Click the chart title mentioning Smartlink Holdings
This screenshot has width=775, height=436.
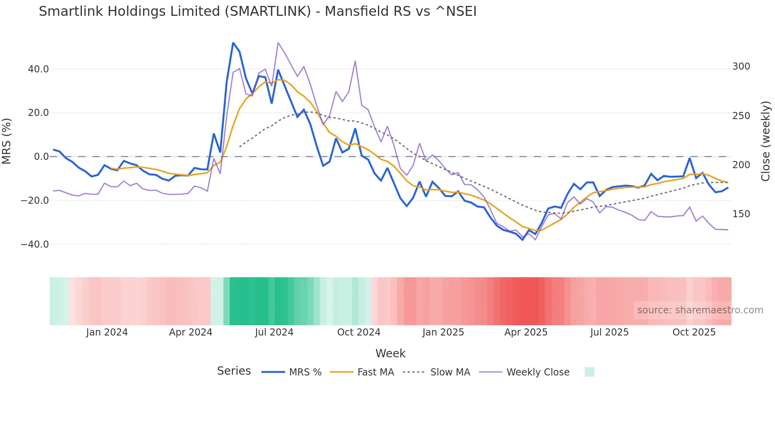[257, 11]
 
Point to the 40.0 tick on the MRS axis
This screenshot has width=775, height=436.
[38, 69]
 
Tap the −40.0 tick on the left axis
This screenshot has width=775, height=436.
[35, 245]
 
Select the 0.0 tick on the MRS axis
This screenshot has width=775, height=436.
[41, 157]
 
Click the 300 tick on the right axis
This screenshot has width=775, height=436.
[741, 66]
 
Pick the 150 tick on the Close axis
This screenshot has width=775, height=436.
[741, 214]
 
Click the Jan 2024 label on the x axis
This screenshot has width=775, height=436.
[107, 332]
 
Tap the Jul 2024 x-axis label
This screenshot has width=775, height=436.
[274, 332]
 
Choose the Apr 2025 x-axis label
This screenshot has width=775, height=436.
[526, 332]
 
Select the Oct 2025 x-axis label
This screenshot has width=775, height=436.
[694, 332]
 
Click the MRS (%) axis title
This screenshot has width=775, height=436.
[7, 141]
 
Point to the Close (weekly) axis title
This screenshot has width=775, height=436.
[766, 141]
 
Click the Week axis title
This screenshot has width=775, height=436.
[390, 353]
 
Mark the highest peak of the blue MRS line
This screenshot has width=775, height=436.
[233, 43]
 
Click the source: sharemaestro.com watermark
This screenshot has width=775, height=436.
[700, 310]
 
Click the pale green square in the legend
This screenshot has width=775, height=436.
[589, 372]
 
